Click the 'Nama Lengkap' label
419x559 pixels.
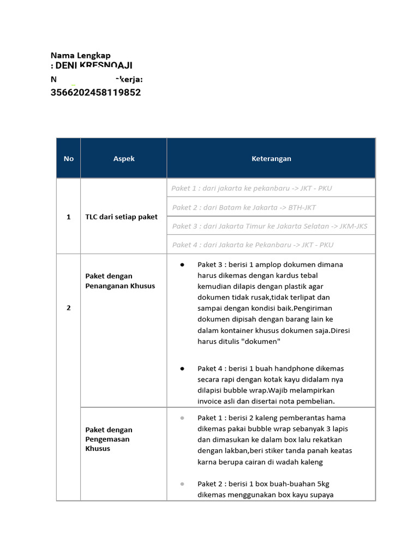[80, 55]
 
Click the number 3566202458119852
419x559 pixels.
[95, 92]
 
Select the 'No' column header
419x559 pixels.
[68, 158]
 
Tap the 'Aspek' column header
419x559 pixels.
[124, 158]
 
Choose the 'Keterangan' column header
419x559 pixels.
[271, 158]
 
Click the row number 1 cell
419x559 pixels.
[68, 217]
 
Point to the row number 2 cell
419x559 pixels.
[68, 308]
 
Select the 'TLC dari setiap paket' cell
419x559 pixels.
[121, 217]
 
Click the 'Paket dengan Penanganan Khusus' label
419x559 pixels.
[120, 281]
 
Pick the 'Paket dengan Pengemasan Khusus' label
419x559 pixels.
[109, 439]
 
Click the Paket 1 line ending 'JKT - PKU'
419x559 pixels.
[252, 188]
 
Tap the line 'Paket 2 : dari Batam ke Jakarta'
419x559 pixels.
[244, 207]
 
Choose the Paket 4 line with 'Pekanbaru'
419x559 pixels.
[253, 245]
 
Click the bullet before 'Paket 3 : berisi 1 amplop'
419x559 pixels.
[182, 265]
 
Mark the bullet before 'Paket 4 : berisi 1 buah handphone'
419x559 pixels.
[182, 368]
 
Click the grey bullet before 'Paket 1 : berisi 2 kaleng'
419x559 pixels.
[182, 418]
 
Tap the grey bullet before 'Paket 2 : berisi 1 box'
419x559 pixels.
[182, 484]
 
